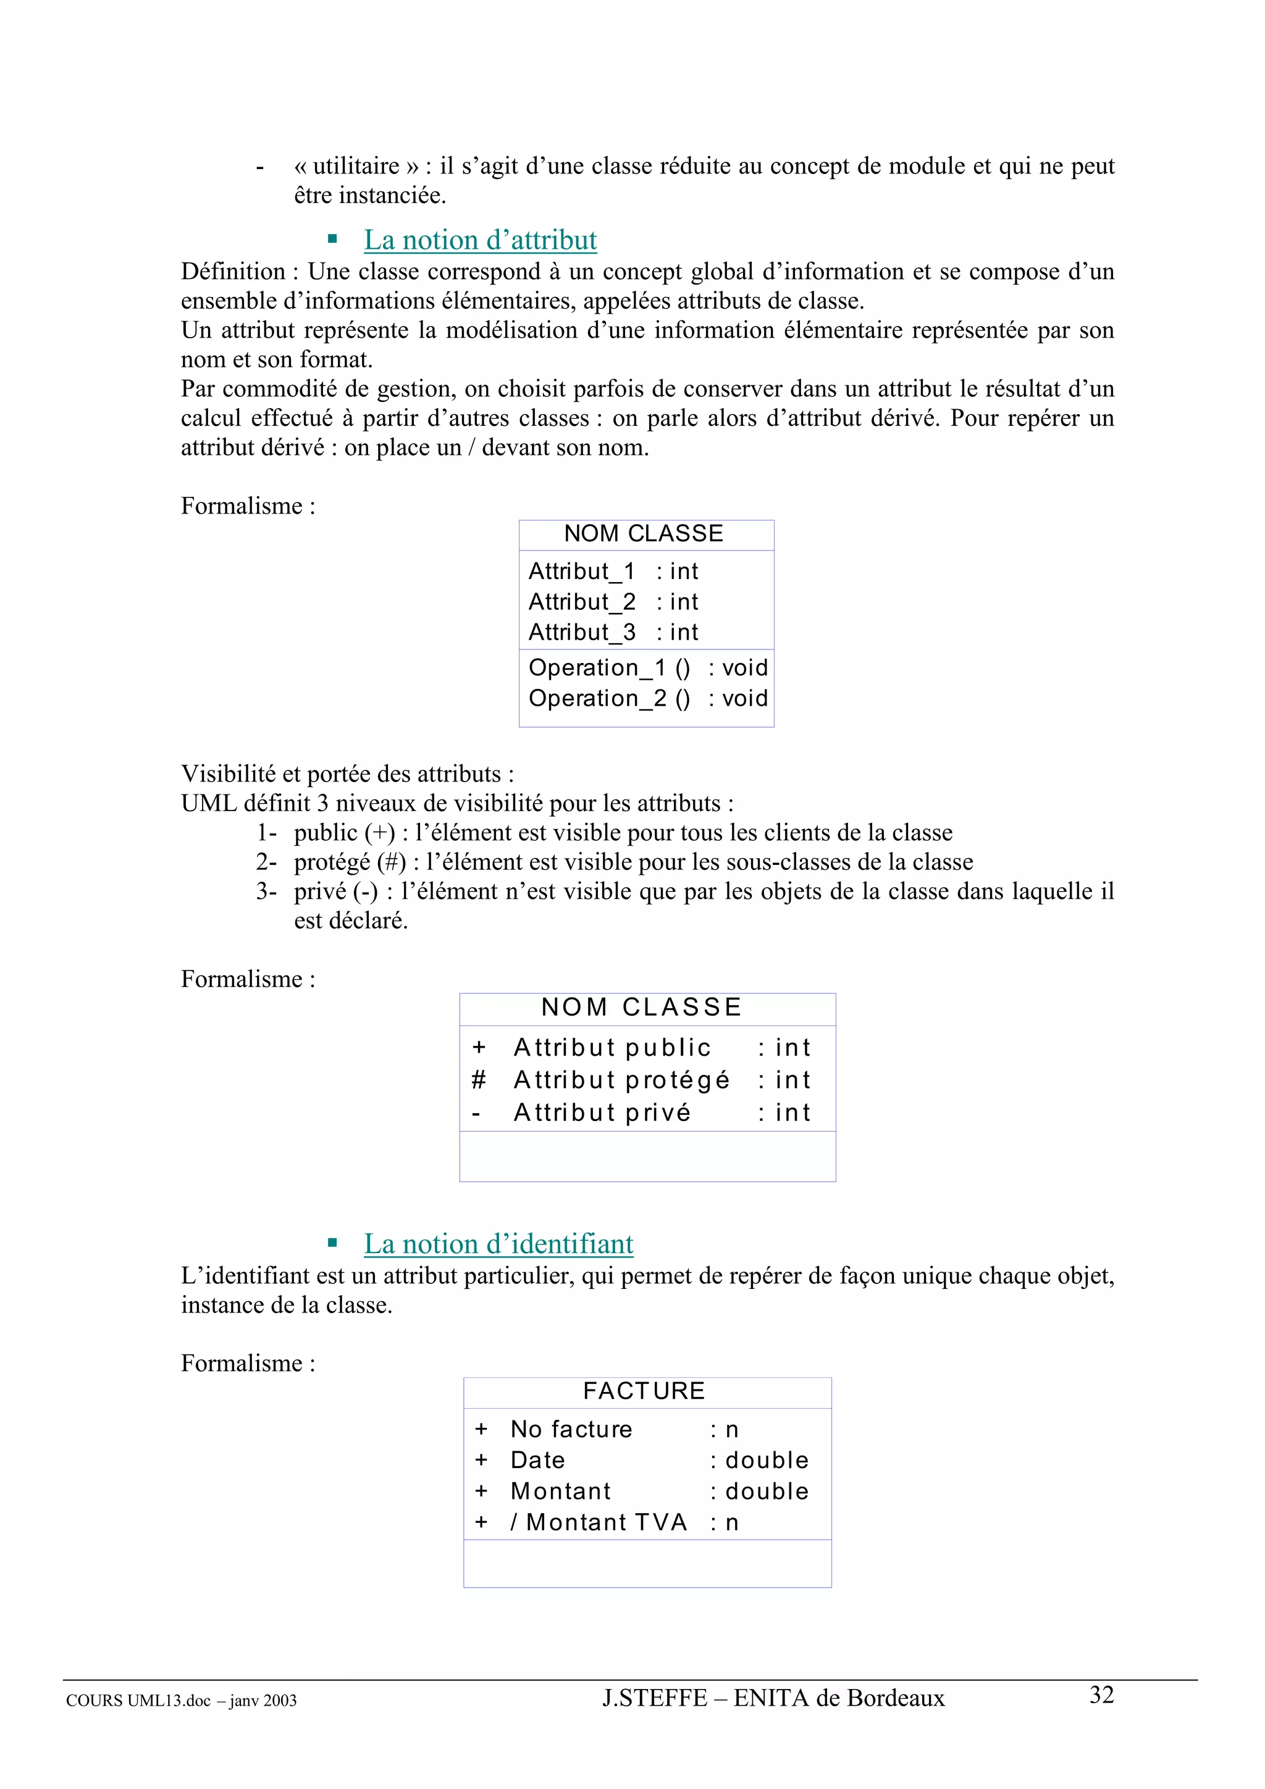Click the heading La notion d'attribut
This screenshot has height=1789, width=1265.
480,240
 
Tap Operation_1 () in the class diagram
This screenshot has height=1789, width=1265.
609,668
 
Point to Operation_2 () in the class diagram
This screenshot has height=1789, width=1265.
609,698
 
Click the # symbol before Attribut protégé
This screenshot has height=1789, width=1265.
479,1080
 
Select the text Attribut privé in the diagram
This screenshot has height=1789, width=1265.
602,1112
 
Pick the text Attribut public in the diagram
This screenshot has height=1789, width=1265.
612,1047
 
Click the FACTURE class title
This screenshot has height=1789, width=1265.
644,1391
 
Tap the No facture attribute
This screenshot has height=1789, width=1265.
571,1429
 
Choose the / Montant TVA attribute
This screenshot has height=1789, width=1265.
599,1522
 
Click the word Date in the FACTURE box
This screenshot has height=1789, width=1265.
538,1460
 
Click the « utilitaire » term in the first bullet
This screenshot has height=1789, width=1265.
356,166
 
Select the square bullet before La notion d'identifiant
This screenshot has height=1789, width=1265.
333,1243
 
